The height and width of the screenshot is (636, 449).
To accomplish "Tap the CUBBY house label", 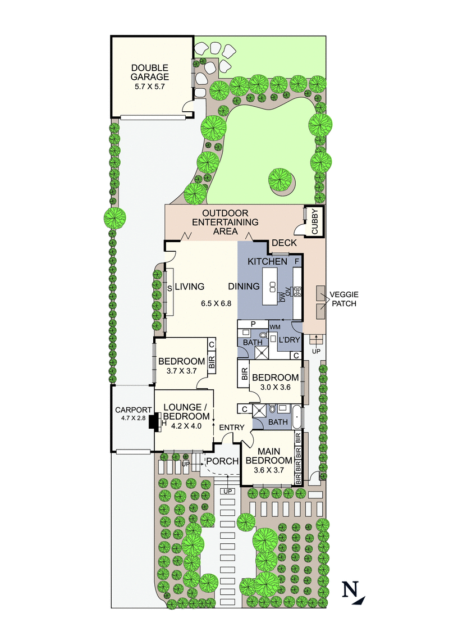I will pos(314,221).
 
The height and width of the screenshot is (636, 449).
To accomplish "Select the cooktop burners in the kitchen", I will pos(297,291).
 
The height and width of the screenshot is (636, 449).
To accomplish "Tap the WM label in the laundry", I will pos(275,326).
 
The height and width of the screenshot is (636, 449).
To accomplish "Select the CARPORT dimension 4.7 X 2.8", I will pos(130,418).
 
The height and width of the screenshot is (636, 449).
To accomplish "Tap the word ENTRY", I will pos(232,428).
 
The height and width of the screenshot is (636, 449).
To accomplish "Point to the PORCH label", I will pos(222,462).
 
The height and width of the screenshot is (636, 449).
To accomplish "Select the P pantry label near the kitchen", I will pos(253,324).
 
